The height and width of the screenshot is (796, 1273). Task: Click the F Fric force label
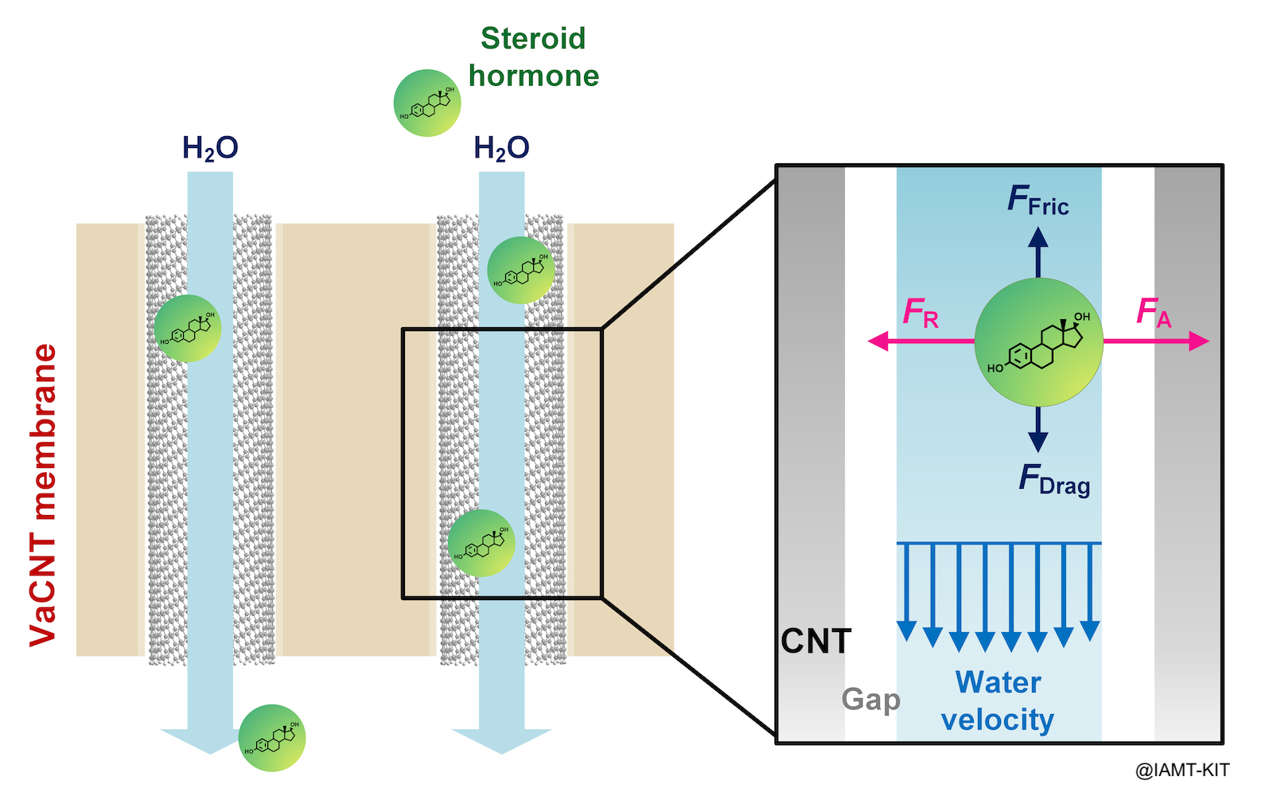coord(1037,201)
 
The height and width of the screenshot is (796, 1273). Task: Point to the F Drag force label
coord(1054,481)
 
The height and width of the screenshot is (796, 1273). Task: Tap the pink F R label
coord(921,313)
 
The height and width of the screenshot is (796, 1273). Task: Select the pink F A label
coord(1154,311)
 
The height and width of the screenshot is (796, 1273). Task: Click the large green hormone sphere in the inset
coord(1038,342)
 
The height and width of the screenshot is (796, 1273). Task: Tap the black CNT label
coord(816,642)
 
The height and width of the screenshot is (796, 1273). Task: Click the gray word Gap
coord(871,700)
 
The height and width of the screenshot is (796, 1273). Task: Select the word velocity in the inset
coord(997,720)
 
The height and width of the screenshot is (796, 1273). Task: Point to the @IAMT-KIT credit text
coord(1182,770)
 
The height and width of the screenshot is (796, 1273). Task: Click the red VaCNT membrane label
coord(44,494)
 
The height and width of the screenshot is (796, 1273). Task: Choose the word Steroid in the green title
coord(533,38)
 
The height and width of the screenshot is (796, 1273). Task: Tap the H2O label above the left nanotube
coord(210,148)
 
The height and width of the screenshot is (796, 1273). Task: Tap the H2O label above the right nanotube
coord(501,148)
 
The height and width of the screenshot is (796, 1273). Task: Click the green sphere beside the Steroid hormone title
coord(427,103)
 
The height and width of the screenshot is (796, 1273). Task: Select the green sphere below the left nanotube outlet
coord(272,738)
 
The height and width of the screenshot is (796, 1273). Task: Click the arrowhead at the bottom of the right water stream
coord(501,740)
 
